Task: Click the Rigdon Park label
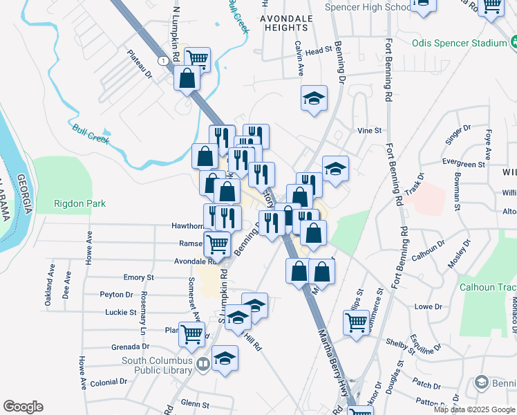click(80, 203)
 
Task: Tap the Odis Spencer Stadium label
click(460, 43)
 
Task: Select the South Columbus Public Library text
click(157, 365)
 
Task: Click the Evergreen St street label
click(464, 165)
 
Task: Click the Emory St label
click(138, 277)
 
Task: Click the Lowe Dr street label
click(428, 306)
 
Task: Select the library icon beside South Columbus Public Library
click(203, 364)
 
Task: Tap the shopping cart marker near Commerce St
click(357, 321)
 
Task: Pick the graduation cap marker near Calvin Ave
click(314, 97)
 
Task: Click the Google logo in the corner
click(23, 407)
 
